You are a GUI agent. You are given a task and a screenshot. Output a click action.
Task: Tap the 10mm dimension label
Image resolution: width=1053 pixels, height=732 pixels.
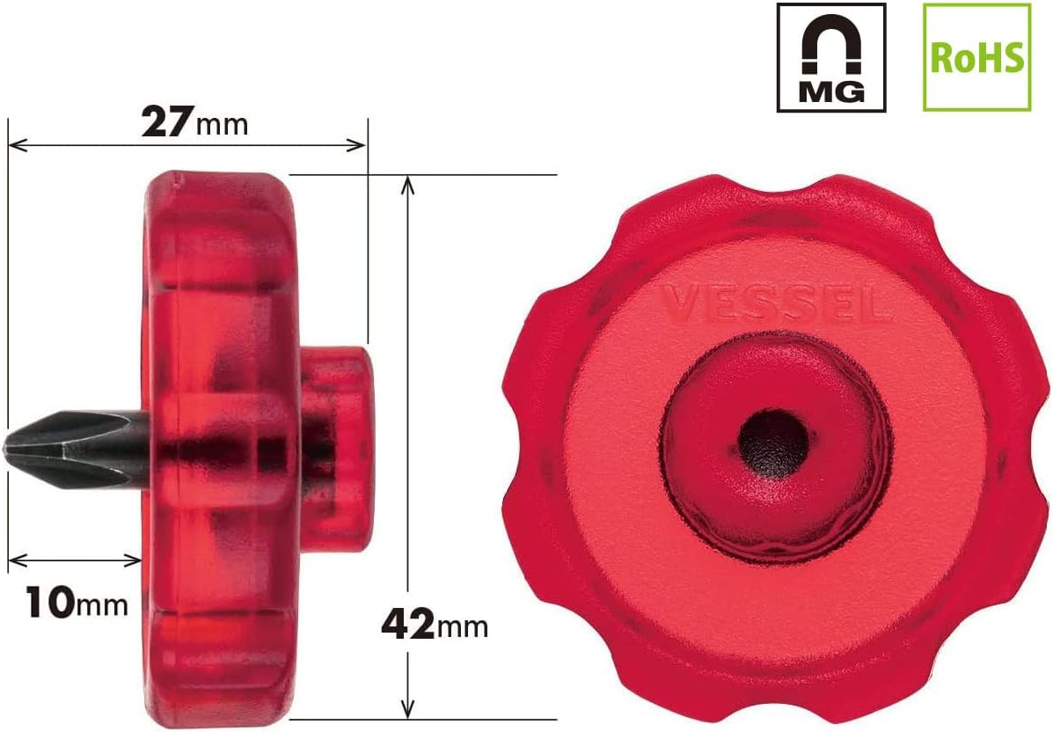(x=76, y=604)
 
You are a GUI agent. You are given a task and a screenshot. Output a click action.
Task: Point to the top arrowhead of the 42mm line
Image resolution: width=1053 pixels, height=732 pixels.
(x=406, y=183)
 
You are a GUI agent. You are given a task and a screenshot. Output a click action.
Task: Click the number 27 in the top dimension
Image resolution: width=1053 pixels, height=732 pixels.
(x=166, y=121)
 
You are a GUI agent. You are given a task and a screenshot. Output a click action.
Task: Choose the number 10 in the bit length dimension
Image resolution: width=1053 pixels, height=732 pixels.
(x=48, y=604)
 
